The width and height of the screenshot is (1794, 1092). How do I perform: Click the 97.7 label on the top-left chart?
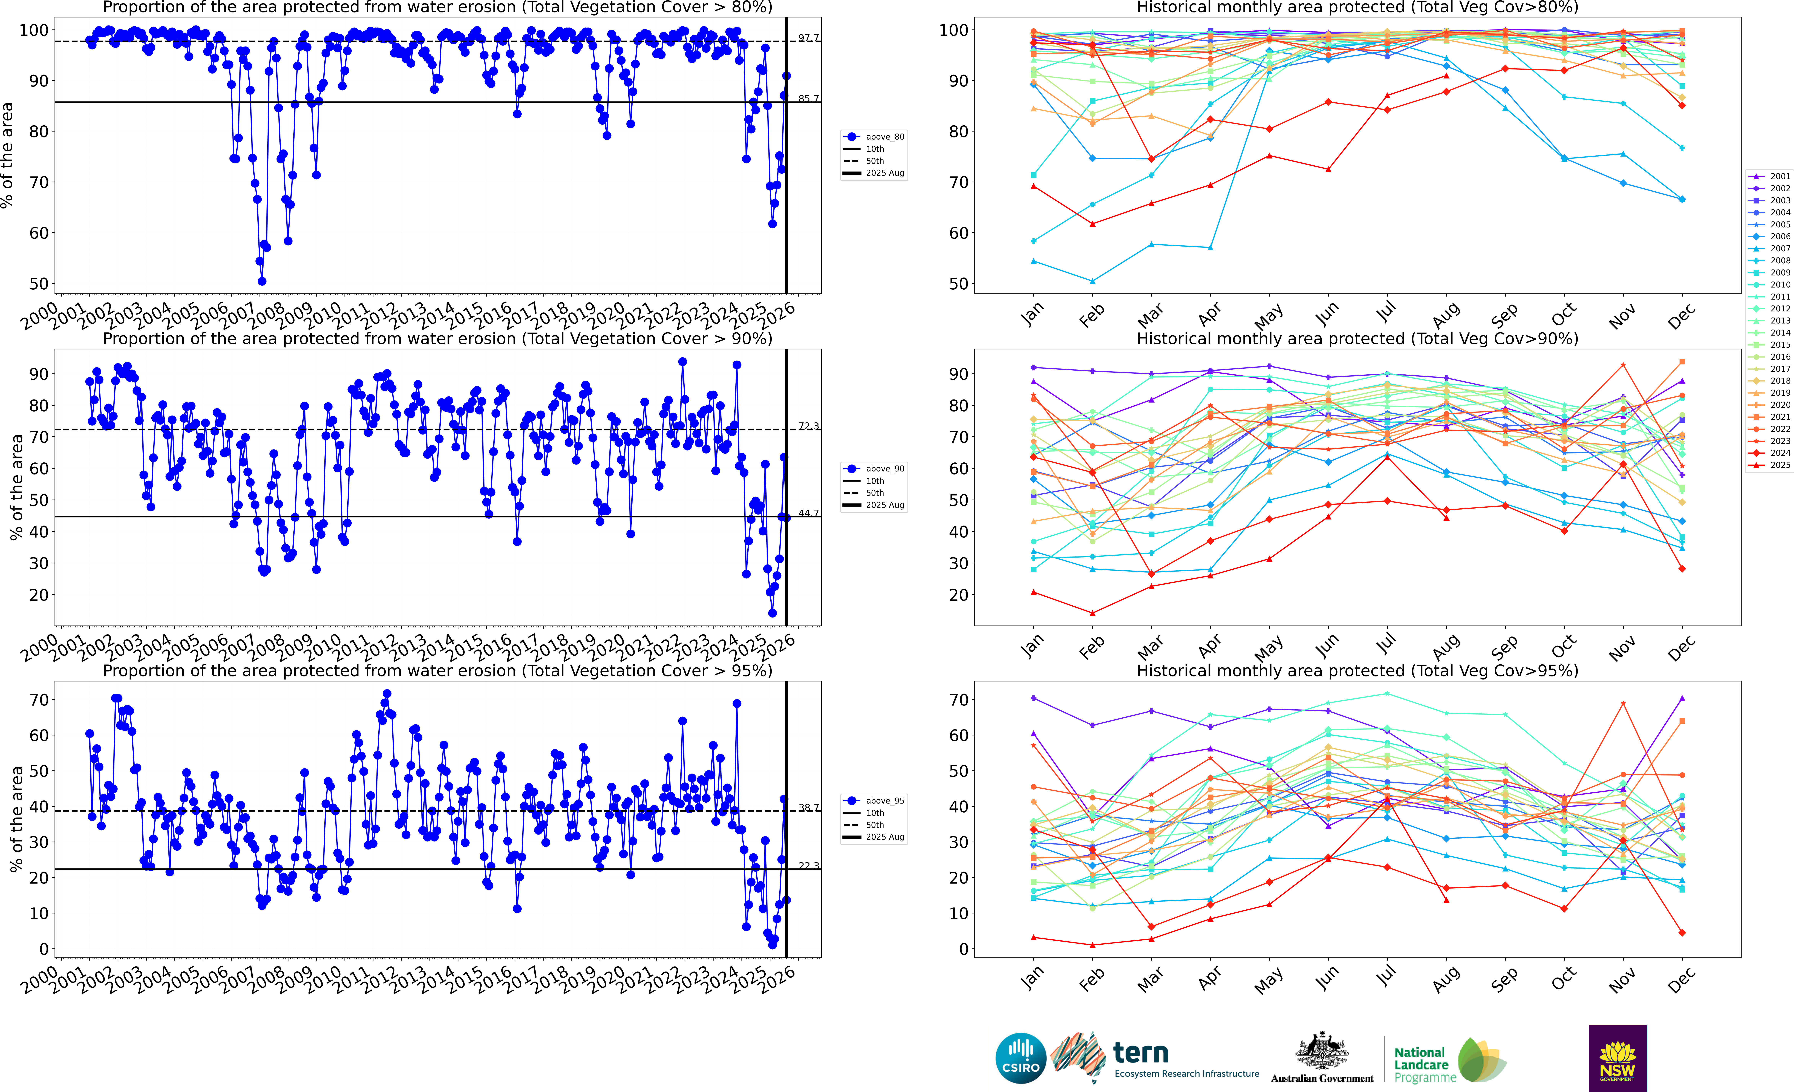coord(808,38)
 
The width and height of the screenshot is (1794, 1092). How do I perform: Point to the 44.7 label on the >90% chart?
coord(808,513)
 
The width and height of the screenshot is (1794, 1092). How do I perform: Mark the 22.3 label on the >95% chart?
coord(808,866)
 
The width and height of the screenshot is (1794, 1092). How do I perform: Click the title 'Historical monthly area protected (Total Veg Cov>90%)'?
coord(1357,339)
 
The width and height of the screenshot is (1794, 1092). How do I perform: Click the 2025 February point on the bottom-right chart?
coord(1092,945)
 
